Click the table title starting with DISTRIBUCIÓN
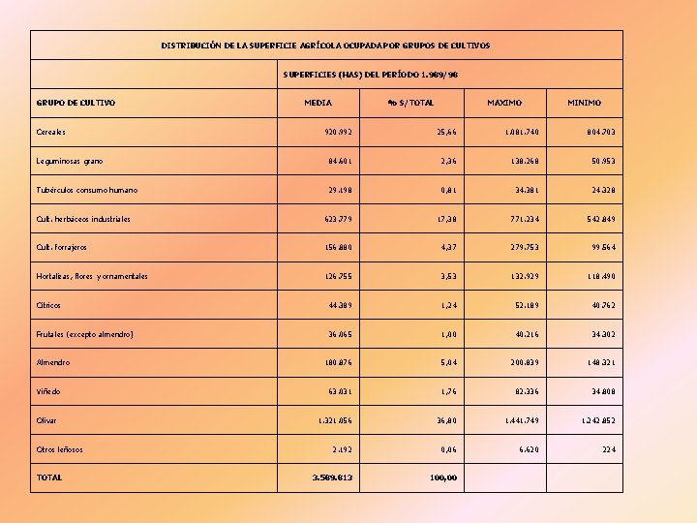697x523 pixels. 325,46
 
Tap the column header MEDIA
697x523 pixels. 318,103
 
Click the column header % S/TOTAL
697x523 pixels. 410,103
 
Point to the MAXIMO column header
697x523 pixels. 503,103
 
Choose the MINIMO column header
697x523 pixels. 584,103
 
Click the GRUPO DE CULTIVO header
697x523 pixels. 76,103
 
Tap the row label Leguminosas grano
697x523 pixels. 69,161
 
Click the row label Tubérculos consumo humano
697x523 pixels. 86,190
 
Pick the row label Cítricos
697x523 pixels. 48,305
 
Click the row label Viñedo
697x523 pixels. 48,391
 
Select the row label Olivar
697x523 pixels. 46,420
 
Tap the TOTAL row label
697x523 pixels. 49,477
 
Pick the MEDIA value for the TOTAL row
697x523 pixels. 332,477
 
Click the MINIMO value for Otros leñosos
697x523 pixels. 608,449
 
